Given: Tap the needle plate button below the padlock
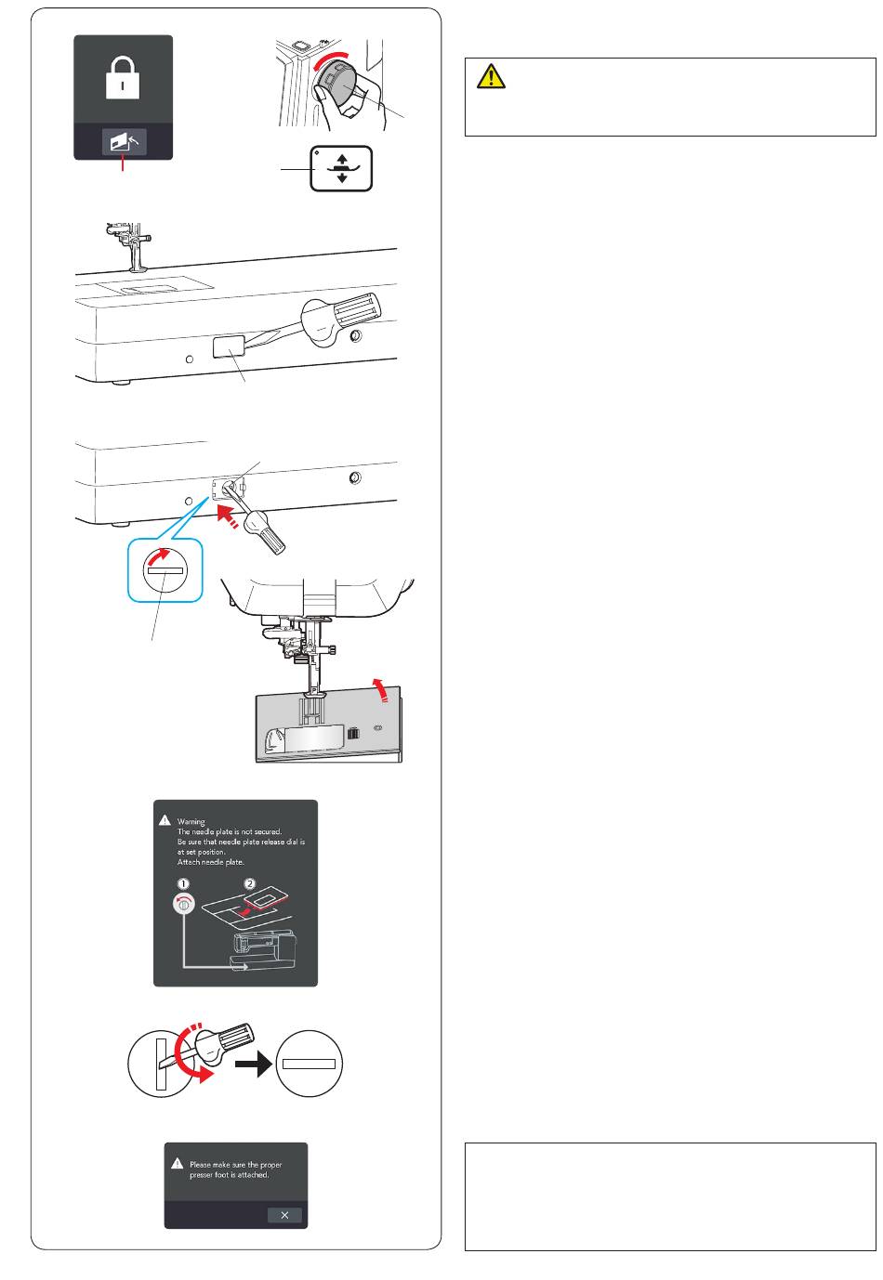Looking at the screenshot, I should (x=123, y=143).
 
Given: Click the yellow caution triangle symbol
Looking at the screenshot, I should (x=491, y=77).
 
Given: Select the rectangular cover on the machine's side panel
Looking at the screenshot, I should (x=231, y=348).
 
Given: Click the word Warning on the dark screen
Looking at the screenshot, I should (x=191, y=822).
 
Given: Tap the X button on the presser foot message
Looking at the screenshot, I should (x=284, y=1215).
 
